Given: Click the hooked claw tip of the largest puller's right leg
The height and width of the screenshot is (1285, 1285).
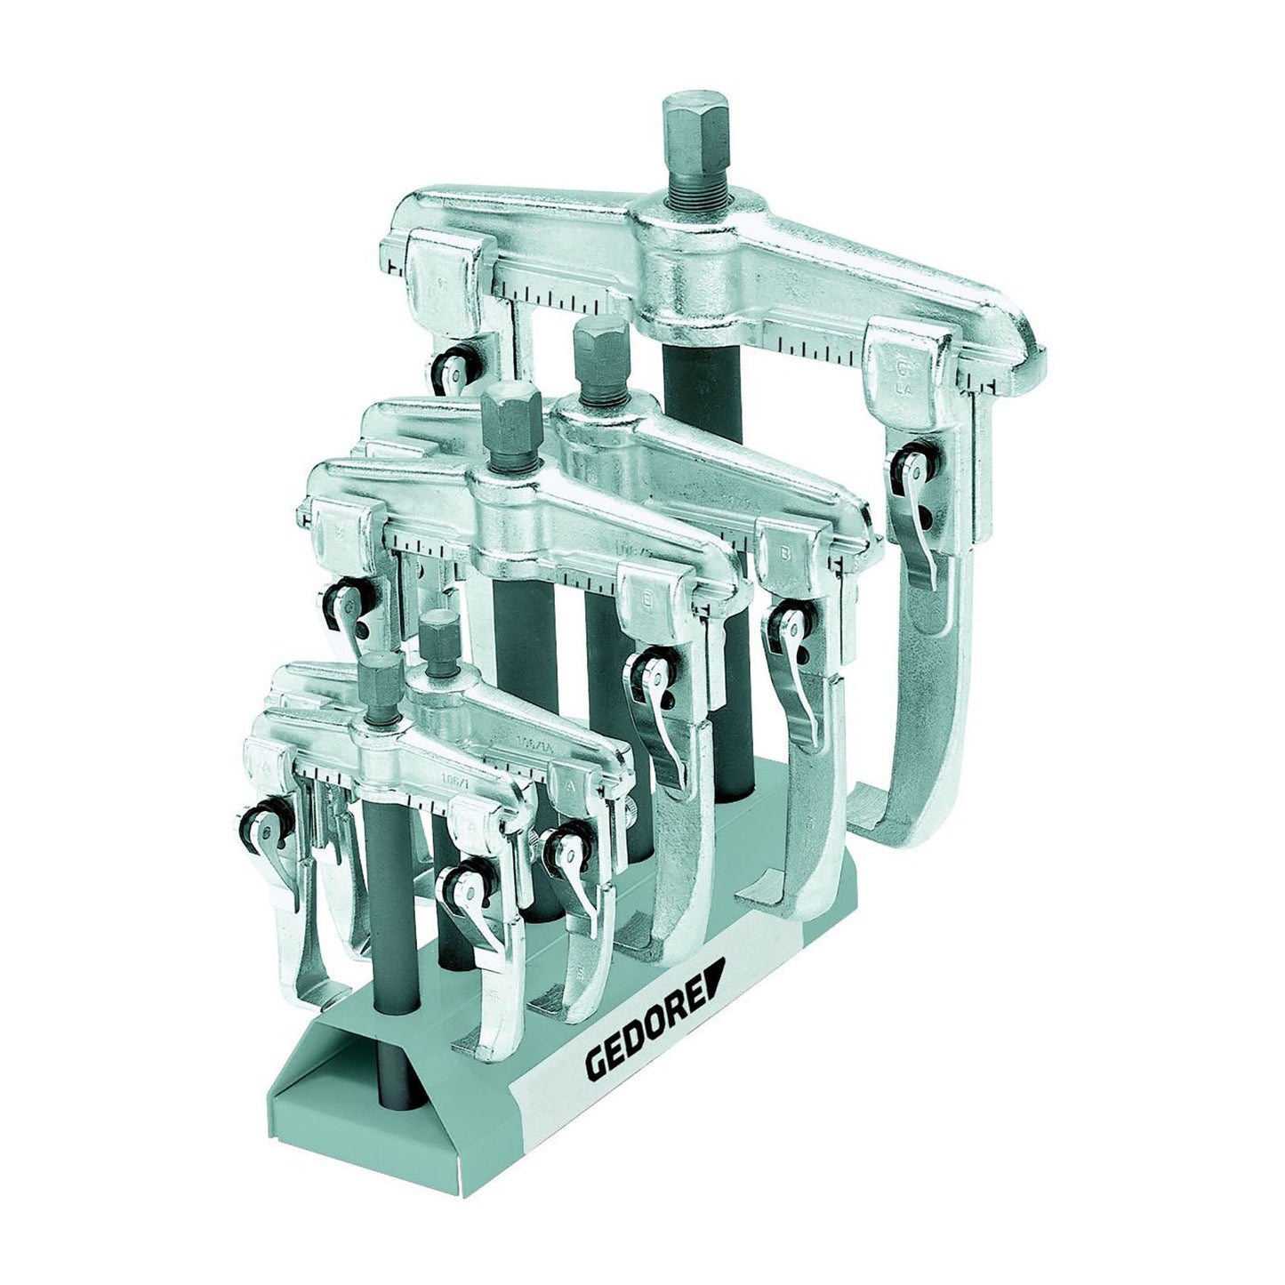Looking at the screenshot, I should tap(880, 809).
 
